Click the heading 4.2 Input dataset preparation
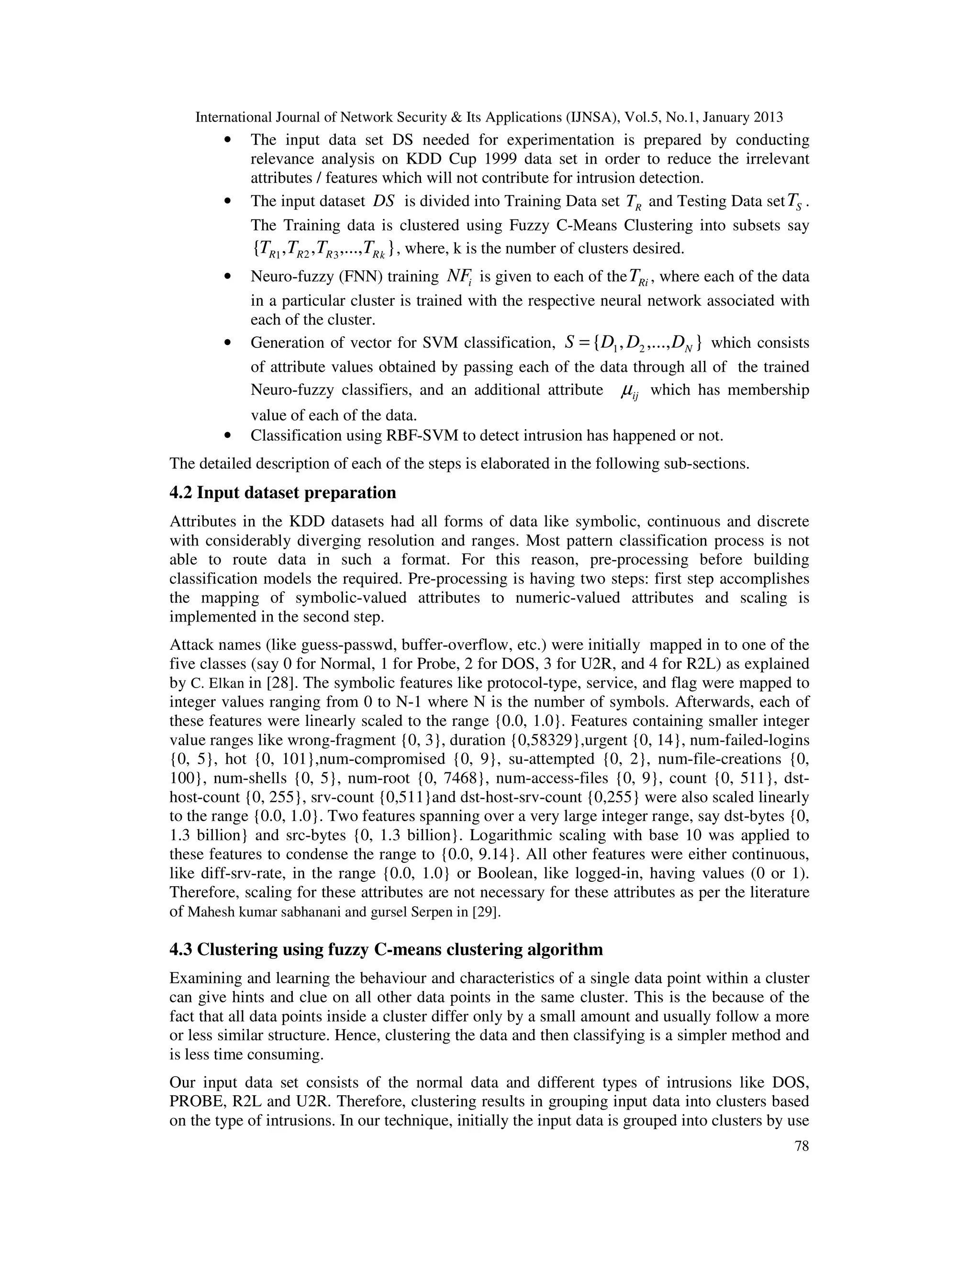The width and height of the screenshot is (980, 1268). coord(283,493)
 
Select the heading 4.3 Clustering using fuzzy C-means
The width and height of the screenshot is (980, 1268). coord(386,949)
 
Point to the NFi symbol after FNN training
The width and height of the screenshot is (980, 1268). coord(458,278)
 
